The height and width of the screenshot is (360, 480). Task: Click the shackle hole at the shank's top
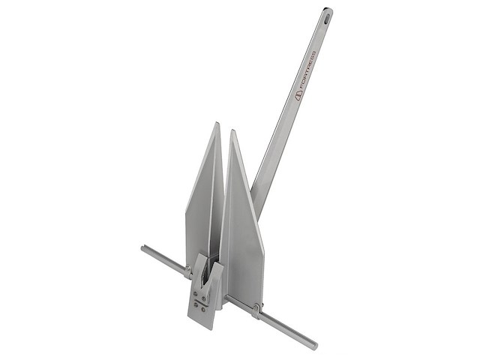327,13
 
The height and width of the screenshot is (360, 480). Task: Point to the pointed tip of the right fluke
232,132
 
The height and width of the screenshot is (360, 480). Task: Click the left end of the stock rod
143,248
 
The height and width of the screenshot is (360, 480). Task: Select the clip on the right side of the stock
256,309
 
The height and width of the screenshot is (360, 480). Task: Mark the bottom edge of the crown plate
202,325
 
